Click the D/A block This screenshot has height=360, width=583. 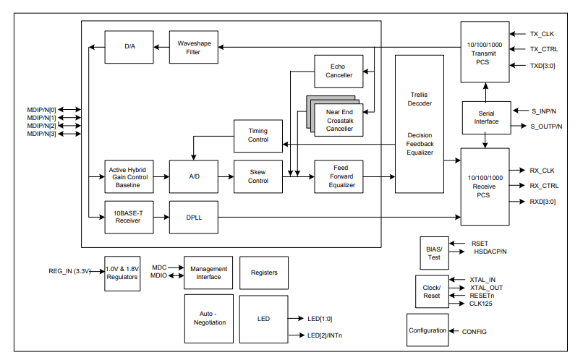(129, 47)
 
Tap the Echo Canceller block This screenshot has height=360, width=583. (339, 71)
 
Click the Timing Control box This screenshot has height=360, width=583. (258, 135)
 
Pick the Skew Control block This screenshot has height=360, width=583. (258, 176)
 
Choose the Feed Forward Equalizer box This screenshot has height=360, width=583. (339, 176)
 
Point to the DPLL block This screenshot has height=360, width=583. (193, 216)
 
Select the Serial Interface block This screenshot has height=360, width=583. (486, 117)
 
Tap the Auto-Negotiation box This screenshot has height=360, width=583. (209, 318)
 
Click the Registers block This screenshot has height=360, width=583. (264, 273)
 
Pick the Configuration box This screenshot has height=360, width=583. (427, 330)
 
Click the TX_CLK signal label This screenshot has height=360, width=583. (542, 33)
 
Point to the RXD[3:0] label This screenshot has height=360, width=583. (542, 202)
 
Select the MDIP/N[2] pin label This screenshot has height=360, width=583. (42, 126)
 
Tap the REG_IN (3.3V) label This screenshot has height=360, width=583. (69, 273)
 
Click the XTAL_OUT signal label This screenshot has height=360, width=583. (486, 287)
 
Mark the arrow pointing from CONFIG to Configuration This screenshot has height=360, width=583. (455, 331)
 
